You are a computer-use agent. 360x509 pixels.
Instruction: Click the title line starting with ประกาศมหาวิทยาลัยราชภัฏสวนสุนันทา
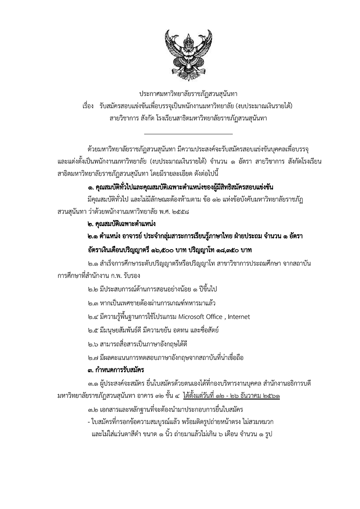click(189, 94)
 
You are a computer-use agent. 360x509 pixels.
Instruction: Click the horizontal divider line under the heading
click(189, 134)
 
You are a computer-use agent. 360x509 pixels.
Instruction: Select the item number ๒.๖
click(94, 344)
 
